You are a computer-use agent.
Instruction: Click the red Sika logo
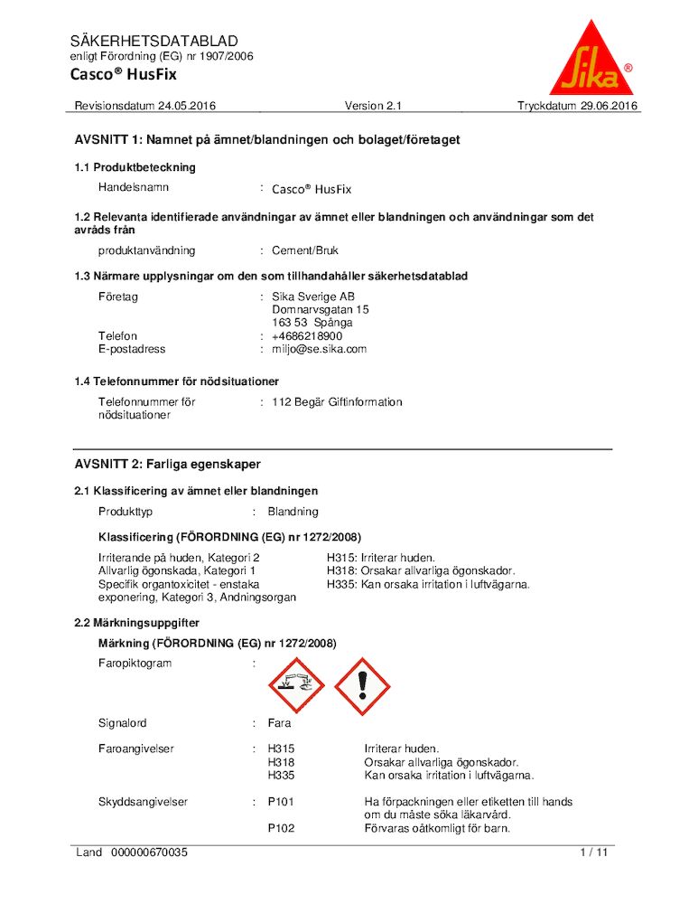pyautogui.click(x=591, y=61)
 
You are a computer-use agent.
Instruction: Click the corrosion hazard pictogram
pyautogui.click(x=300, y=686)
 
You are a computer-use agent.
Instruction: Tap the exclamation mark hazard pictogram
pyautogui.click(x=362, y=686)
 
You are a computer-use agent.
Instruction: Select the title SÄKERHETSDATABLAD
pyautogui.click(x=154, y=41)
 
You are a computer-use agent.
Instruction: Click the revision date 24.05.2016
pyautogui.click(x=187, y=106)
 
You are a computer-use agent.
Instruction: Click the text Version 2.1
pyautogui.click(x=373, y=106)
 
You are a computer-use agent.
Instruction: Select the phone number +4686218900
pyautogui.click(x=307, y=336)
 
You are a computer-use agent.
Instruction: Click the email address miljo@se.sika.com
pyautogui.click(x=319, y=349)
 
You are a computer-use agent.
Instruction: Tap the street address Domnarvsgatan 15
pyautogui.click(x=321, y=309)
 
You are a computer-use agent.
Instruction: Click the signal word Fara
pyautogui.click(x=280, y=723)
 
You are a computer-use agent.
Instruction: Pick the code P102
pyautogui.click(x=281, y=828)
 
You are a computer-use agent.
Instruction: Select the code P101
pyautogui.click(x=281, y=801)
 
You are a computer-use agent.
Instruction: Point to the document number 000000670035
pyautogui.click(x=150, y=852)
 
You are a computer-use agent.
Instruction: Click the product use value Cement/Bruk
pyautogui.click(x=305, y=250)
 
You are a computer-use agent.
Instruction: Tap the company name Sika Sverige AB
pyautogui.click(x=313, y=297)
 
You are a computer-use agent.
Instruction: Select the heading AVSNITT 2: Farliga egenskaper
pyautogui.click(x=167, y=464)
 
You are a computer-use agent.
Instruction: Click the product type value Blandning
pyautogui.click(x=293, y=512)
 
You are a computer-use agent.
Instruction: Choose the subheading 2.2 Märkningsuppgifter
pyautogui.click(x=136, y=623)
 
